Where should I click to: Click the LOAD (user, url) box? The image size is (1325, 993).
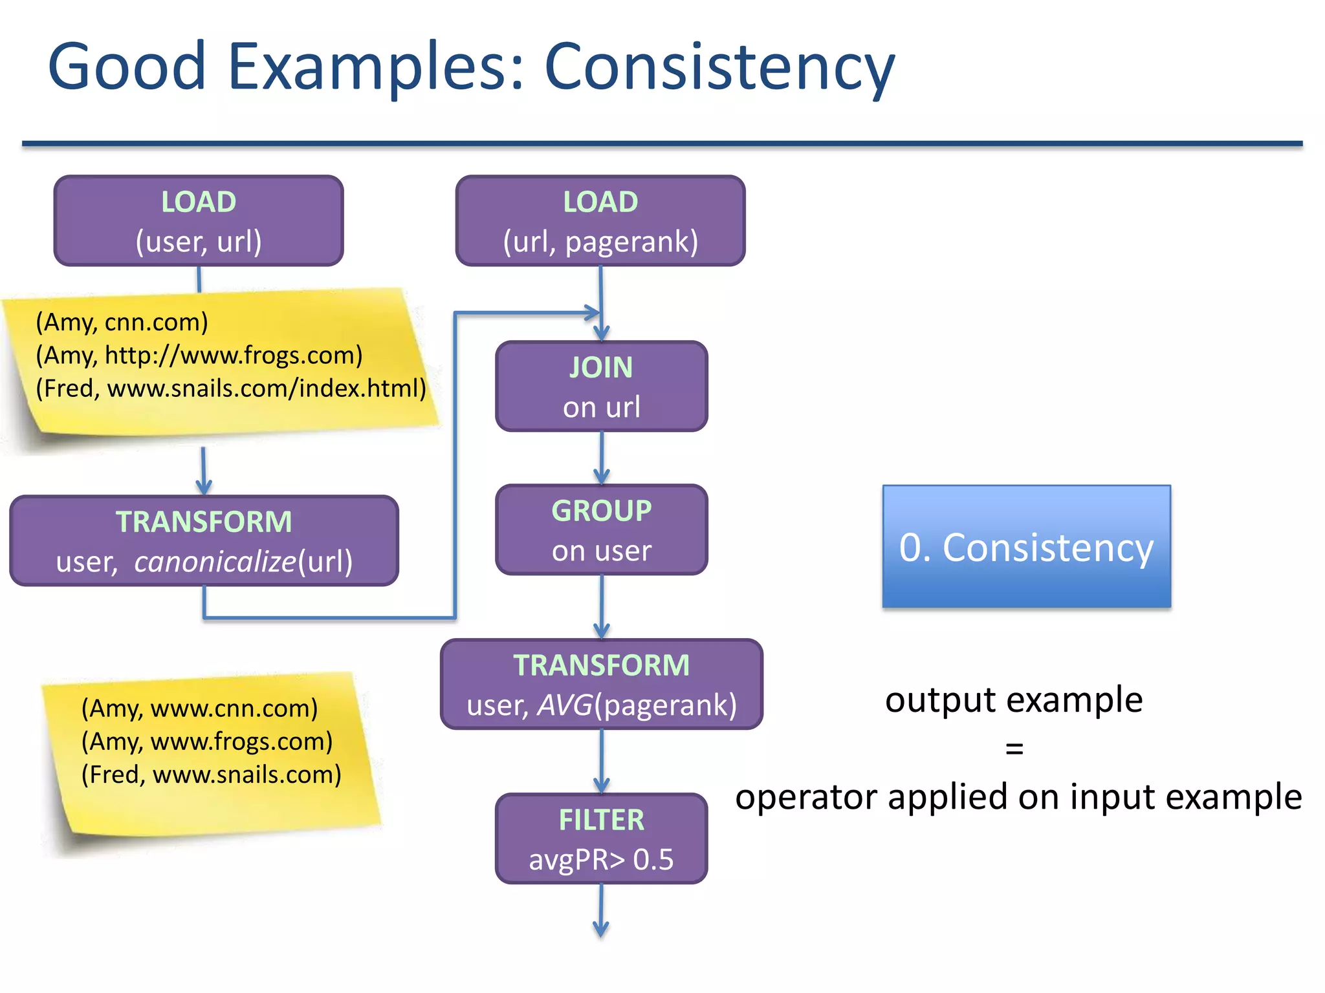198,220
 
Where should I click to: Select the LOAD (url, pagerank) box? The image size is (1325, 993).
600,220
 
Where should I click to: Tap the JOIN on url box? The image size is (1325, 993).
601,386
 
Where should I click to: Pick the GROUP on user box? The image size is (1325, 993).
601,529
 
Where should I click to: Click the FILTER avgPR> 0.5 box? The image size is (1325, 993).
601,838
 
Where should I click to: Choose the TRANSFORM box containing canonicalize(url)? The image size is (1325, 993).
204,540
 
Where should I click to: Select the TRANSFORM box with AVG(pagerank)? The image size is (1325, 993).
601,684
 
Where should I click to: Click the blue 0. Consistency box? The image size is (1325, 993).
1026,546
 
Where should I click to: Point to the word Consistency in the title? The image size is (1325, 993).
719,67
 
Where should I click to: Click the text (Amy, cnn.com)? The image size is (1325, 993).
122,322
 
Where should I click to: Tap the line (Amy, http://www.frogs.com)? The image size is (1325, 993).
199,355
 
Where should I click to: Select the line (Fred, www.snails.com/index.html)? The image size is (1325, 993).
231,388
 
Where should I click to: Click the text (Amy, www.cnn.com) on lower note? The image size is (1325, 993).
199,708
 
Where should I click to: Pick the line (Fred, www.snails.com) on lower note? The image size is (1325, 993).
211,774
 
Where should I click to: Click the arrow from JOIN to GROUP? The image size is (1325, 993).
602,458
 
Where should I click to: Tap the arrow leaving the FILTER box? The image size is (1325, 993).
601,910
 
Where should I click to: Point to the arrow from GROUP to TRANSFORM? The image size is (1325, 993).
602,606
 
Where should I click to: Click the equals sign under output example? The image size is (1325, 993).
1014,749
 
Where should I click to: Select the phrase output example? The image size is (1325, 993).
1014,700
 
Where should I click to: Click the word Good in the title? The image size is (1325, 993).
127,67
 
